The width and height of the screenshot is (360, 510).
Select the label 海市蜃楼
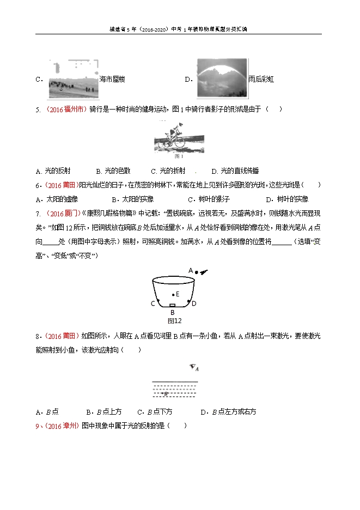click(x=112, y=80)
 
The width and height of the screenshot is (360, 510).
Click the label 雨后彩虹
click(x=260, y=80)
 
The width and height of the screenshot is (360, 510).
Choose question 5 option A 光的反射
click(x=60, y=171)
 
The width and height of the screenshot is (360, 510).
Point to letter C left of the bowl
click(x=152, y=303)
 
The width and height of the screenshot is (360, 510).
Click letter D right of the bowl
click(x=194, y=303)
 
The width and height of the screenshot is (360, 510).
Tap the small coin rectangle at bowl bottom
click(x=172, y=306)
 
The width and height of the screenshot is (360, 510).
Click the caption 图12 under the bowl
click(x=174, y=321)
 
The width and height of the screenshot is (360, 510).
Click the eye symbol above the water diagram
click(x=193, y=368)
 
